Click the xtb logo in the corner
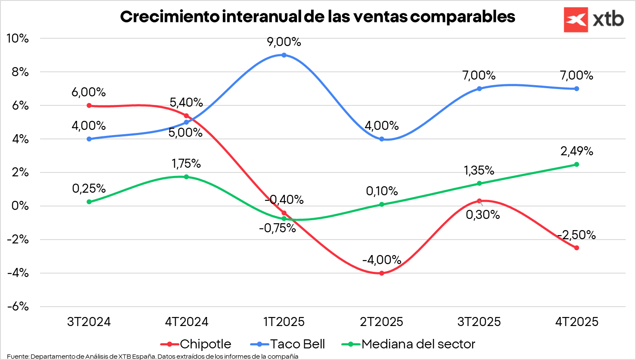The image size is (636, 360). point(593,20)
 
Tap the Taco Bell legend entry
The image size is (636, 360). point(287,344)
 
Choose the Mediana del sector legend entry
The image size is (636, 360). point(408,344)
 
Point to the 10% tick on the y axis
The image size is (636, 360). point(18,38)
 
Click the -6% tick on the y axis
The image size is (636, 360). point(18,307)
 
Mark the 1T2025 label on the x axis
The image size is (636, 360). point(284,322)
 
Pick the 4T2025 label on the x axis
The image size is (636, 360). point(577,322)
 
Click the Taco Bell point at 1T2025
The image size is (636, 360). point(284,55)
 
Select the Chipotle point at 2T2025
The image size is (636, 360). point(382,273)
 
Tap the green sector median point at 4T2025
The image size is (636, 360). point(577,164)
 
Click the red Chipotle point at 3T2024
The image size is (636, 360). point(89,105)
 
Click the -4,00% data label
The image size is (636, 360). point(382,260)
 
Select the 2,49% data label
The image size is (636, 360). point(577,151)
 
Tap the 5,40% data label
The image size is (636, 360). point(186,102)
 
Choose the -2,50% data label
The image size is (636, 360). point(577,235)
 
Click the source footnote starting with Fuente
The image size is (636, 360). point(153,356)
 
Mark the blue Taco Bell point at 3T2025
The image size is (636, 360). point(479,89)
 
